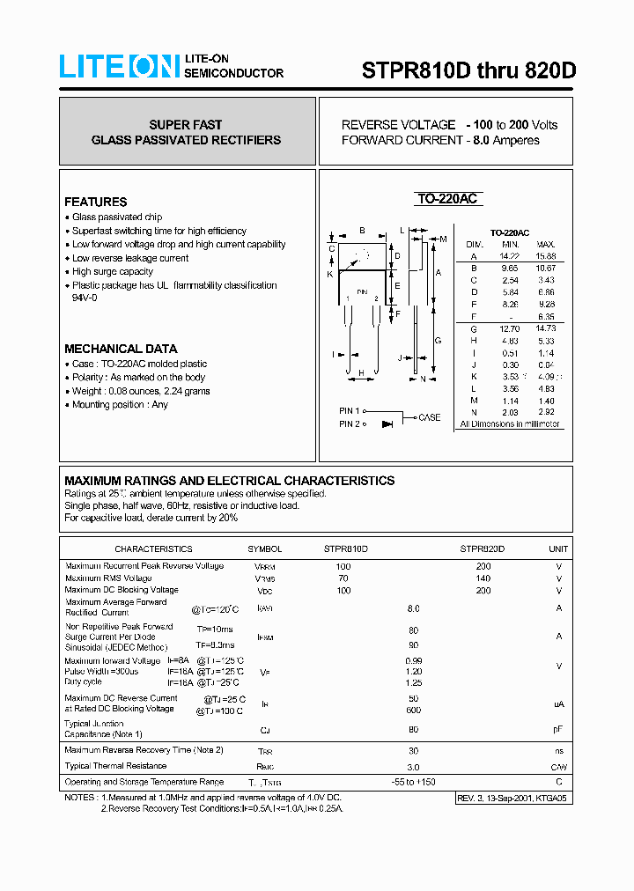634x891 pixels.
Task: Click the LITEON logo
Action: point(119,67)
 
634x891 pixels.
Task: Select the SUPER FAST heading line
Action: point(186,125)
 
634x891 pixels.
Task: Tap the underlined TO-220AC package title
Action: point(447,199)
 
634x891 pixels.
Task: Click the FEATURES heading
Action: point(95,202)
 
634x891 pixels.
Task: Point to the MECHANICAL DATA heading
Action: point(121,349)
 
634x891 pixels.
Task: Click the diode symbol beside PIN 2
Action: point(387,424)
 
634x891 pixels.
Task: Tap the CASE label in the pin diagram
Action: point(430,417)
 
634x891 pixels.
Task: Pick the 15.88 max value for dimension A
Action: point(545,256)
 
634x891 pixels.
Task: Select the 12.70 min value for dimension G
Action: point(510,328)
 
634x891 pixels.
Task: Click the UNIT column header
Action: point(558,549)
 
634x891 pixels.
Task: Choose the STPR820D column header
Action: point(483,549)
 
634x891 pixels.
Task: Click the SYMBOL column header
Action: point(265,549)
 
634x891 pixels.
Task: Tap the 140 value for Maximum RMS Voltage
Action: point(483,578)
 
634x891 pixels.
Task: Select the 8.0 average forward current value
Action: point(413,608)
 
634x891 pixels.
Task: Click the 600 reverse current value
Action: point(413,711)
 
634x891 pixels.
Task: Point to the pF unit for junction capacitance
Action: point(558,729)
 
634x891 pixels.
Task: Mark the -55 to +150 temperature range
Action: point(413,782)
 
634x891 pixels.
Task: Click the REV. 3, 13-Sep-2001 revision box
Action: point(512,798)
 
